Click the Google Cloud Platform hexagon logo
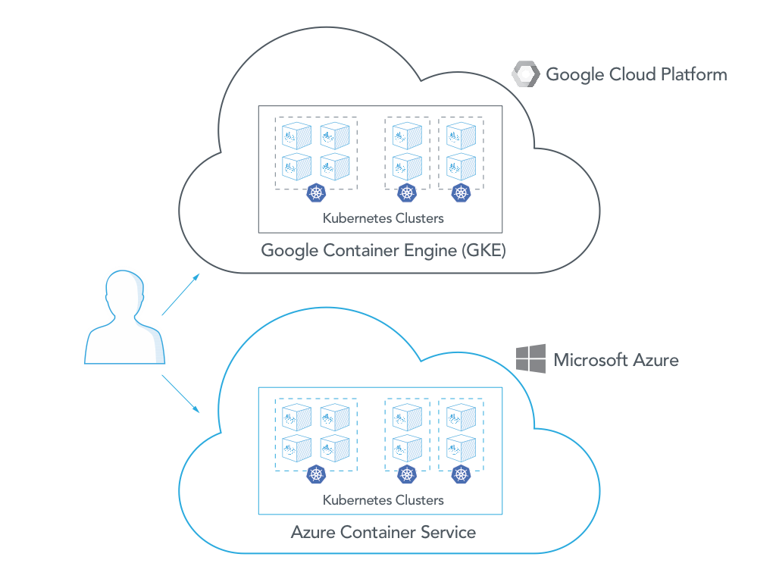[526, 74]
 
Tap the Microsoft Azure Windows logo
[530, 358]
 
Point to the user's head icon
[124, 293]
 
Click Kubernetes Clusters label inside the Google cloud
[383, 218]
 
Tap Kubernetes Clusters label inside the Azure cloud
[383, 500]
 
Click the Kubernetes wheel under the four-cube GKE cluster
[315, 193]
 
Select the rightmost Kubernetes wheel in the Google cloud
[461, 193]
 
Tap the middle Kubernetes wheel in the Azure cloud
[407, 475]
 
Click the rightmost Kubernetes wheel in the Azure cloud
[461, 475]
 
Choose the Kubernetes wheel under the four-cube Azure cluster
[315, 475]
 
